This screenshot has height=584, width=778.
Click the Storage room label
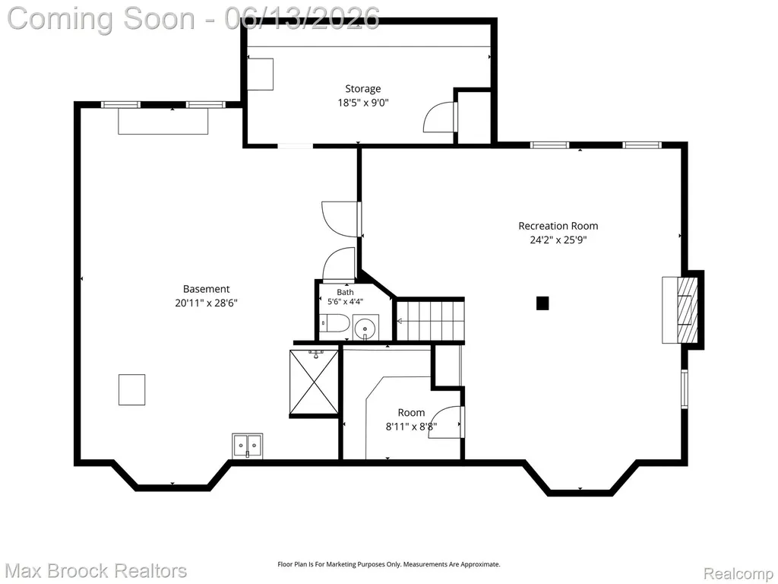[x=362, y=89]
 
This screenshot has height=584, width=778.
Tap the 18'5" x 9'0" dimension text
[x=362, y=103]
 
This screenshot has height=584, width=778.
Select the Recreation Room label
[x=558, y=226]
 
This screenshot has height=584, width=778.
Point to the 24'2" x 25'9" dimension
[x=558, y=240]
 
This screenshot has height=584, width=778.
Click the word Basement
[x=207, y=289]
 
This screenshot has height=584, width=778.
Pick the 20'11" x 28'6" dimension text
[x=207, y=303]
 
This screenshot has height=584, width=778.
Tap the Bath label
[x=346, y=292]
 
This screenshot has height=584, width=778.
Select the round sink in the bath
[x=365, y=328]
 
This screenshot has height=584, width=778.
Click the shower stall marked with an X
[x=314, y=382]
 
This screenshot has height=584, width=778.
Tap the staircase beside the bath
[x=430, y=321]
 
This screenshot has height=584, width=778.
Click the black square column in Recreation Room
[x=542, y=303]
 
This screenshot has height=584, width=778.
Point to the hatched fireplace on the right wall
[x=687, y=309]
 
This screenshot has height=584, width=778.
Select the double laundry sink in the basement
[x=248, y=446]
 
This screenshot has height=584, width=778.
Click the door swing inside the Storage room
[x=438, y=117]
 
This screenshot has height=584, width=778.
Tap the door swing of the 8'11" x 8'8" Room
[x=444, y=423]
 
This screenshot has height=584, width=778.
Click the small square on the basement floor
[x=132, y=390]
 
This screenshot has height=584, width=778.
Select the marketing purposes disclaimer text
[x=388, y=564]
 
